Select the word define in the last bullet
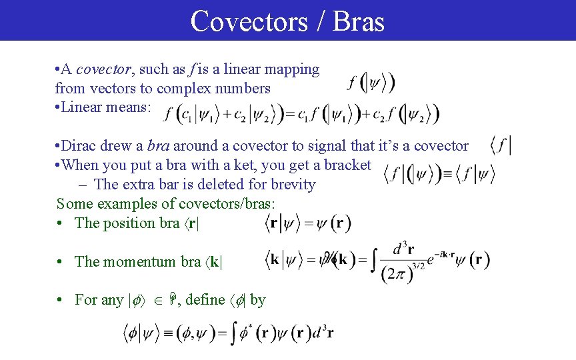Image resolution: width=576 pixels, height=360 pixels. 205,300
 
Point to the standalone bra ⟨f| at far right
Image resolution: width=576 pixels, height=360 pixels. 501,145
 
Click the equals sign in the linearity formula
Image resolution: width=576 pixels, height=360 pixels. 291,114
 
